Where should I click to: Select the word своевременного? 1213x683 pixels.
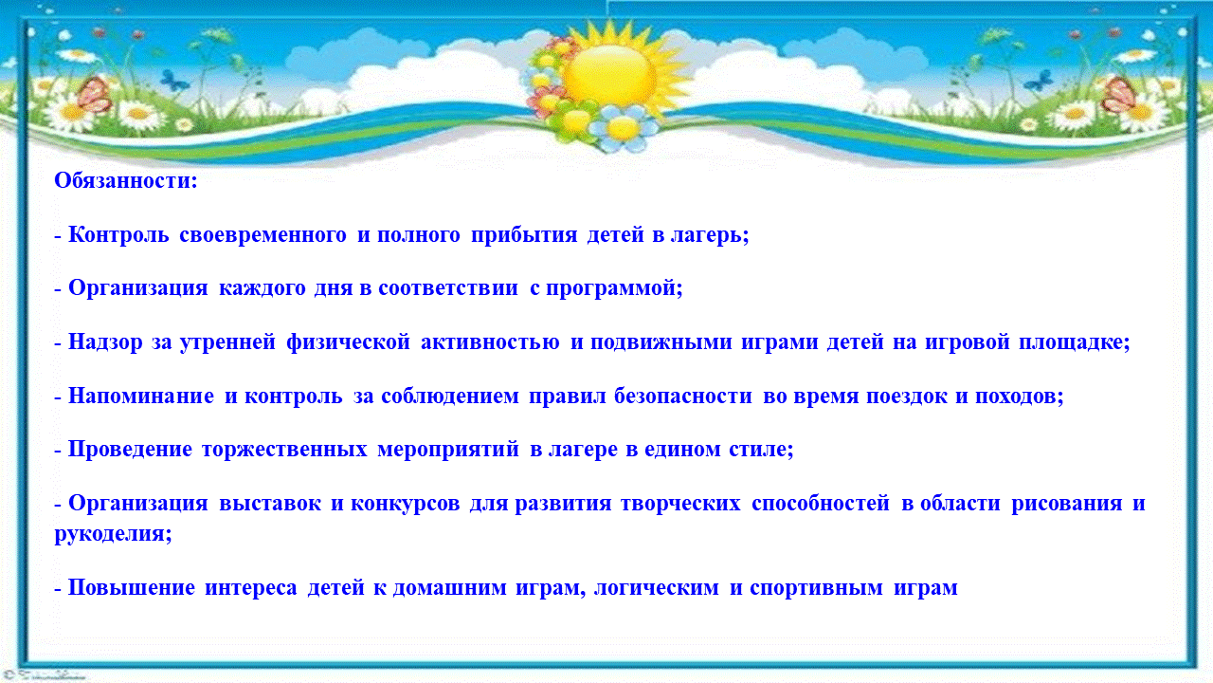[263, 234]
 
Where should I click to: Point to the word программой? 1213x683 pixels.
[614, 288]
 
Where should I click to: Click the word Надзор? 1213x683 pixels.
[105, 342]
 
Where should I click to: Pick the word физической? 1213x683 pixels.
[348, 342]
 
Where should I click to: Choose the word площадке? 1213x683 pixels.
[1075, 342]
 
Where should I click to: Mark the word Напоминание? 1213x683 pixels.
[141, 397]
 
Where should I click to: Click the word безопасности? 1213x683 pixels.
[683, 397]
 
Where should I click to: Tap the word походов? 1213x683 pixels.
[1019, 397]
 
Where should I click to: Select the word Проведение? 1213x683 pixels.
[130, 450]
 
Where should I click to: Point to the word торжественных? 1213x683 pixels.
[284, 450]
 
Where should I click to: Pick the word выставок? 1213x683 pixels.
[270, 504]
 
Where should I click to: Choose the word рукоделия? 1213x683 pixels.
[113, 535]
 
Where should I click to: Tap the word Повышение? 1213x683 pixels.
[131, 587]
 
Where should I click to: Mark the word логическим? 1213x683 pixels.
[657, 587]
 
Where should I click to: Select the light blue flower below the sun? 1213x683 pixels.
[623, 128]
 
